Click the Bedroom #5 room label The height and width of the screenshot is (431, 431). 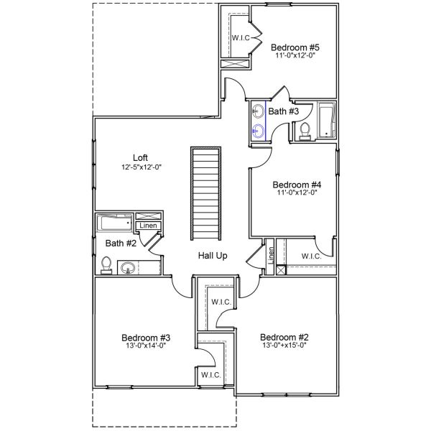tap(295, 48)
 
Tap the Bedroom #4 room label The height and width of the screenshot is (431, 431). tap(296, 183)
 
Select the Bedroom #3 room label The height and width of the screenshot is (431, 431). tap(145, 337)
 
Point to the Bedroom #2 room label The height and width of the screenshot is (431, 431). tap(284, 337)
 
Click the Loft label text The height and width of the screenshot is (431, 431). tap(141, 158)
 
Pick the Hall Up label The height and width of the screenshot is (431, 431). tap(213, 256)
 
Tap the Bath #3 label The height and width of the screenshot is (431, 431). tap(283, 111)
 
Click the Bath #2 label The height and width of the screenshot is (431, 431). tap(121, 243)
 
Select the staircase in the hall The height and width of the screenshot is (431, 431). tap(205, 194)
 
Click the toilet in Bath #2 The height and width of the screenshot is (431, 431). tap(106, 266)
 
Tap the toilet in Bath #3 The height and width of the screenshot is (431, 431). tap(304, 131)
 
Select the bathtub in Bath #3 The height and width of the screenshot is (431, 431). tap(327, 120)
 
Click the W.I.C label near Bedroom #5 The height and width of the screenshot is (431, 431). tap(240, 37)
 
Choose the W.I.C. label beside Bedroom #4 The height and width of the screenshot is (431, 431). tap(311, 256)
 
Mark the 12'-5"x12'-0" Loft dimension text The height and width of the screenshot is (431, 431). tap(141, 167)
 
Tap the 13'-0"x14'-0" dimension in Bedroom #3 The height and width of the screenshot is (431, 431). tap(145, 346)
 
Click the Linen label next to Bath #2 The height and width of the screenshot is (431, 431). tap(148, 226)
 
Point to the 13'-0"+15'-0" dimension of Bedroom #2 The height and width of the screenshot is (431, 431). tap(284, 346)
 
